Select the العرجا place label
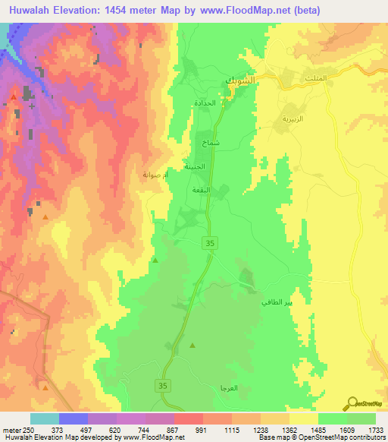[227, 388]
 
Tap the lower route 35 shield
[163, 386]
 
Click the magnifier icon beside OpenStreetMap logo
[352, 402]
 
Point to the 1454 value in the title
[136, 11]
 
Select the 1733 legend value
[375, 431]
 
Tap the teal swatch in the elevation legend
[44, 418]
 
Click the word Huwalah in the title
[36, 11]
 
